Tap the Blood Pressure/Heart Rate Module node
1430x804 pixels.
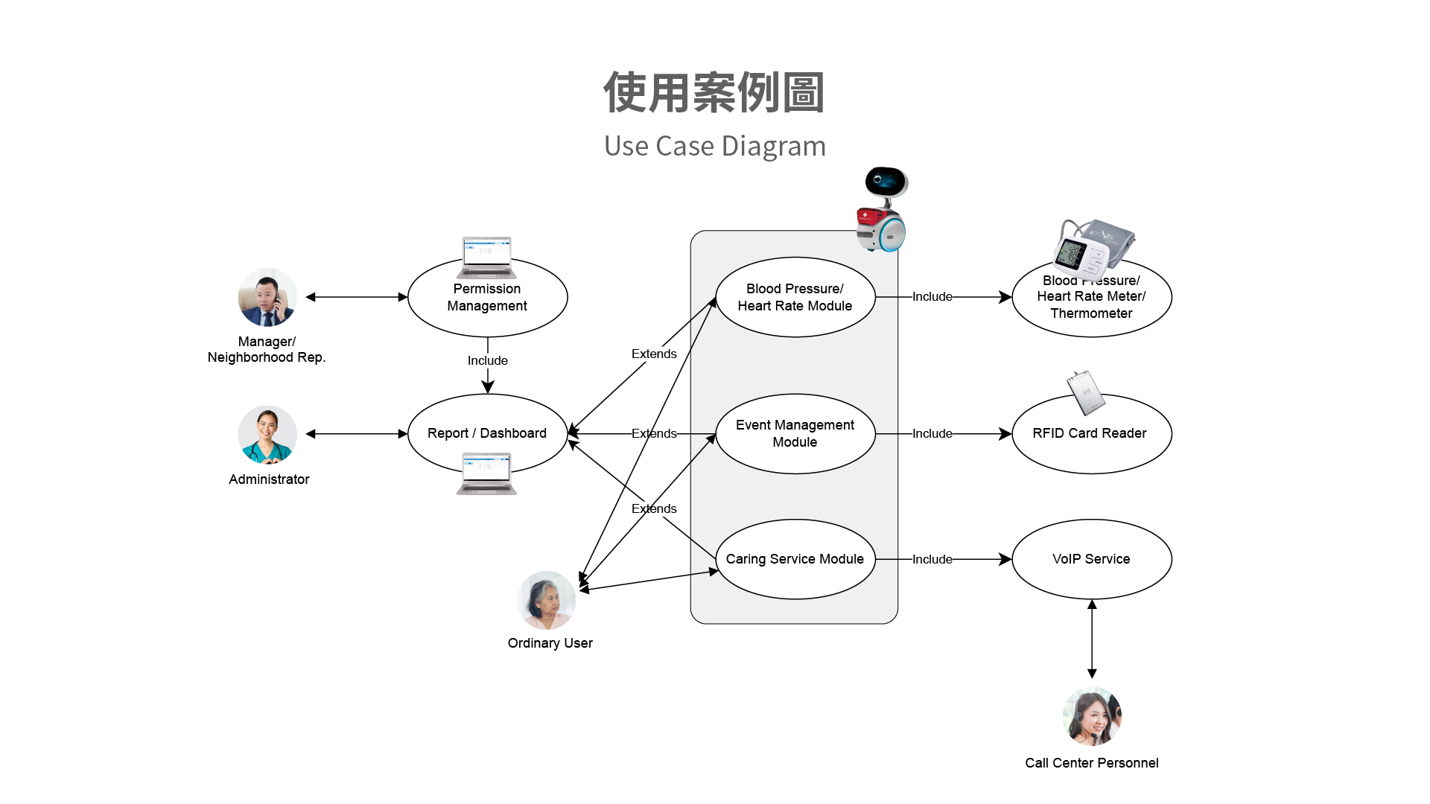click(x=795, y=297)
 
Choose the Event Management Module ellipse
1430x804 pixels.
click(x=795, y=433)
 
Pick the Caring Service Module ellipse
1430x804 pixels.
click(x=795, y=559)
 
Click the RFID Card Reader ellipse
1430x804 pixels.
click(x=1091, y=439)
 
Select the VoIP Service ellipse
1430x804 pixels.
click(x=1091, y=559)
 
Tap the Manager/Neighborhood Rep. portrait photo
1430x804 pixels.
click(x=267, y=298)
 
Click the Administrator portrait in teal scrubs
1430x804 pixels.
click(x=267, y=435)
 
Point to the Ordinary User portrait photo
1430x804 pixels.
click(x=547, y=600)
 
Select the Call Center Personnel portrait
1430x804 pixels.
click(x=1092, y=716)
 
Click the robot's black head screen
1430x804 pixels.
click(x=886, y=181)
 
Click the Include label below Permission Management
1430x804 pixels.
click(x=488, y=360)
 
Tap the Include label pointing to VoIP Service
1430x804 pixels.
click(x=932, y=559)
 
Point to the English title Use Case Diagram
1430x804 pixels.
click(x=715, y=146)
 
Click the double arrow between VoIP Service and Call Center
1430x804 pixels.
click(x=1092, y=639)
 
